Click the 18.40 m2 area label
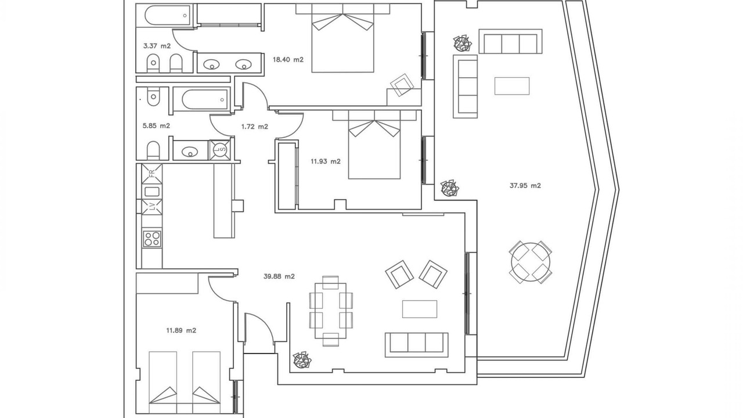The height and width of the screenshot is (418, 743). (x=288, y=60)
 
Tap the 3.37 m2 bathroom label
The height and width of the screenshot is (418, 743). (x=157, y=46)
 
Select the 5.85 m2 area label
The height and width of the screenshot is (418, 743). (x=156, y=126)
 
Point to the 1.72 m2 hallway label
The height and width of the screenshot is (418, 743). (x=254, y=127)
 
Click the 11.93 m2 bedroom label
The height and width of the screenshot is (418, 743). (x=326, y=161)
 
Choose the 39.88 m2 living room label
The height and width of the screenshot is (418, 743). (x=279, y=276)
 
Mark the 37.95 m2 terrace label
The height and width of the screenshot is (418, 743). (x=525, y=186)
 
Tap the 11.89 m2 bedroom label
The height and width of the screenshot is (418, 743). (x=181, y=330)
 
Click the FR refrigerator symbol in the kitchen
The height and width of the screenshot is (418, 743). (x=152, y=174)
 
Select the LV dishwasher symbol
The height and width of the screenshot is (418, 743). (x=152, y=207)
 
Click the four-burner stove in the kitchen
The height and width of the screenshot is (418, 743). (x=153, y=239)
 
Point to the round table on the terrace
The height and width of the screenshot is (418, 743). (x=531, y=262)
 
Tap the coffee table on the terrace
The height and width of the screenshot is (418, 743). (x=512, y=86)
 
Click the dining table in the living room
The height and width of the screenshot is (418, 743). (x=331, y=311)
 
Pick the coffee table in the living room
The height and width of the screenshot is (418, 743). (x=420, y=309)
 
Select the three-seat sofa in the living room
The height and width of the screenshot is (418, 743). (x=417, y=345)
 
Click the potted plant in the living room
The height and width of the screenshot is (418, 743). (x=302, y=361)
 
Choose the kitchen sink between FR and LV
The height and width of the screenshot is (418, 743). (x=152, y=192)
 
